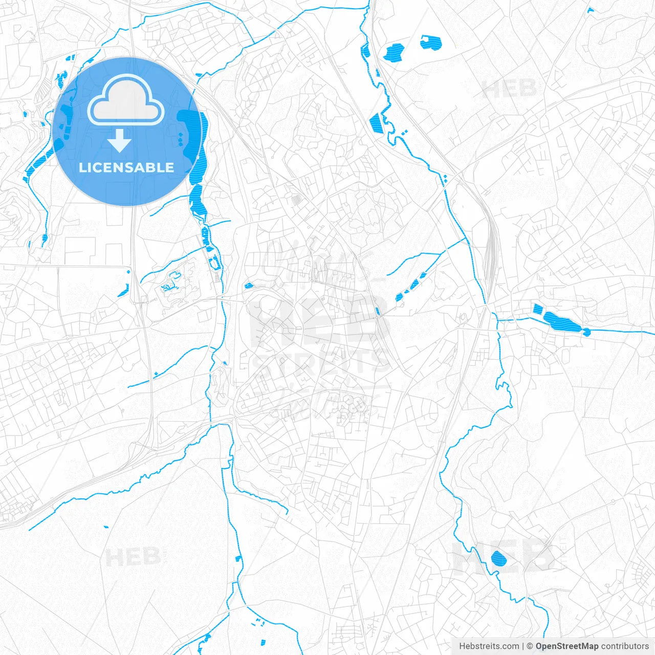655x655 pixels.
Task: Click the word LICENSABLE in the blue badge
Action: [x=126, y=167]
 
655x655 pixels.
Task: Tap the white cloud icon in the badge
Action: [x=126, y=101]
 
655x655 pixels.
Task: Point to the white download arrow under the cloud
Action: [x=120, y=140]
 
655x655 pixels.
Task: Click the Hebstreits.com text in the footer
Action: [x=489, y=646]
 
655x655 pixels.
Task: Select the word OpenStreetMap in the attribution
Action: [x=566, y=646]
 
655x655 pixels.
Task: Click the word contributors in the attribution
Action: [x=625, y=646]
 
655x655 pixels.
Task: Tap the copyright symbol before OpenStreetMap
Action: [x=530, y=646]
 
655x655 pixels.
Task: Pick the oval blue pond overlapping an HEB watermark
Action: [x=498, y=558]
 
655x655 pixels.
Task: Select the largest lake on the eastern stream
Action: [x=561, y=321]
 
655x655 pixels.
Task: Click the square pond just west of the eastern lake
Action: [x=537, y=309]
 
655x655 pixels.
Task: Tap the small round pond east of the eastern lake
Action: [x=587, y=332]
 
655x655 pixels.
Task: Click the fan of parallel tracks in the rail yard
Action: [x=491, y=246]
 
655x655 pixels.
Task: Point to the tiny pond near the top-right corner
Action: [x=590, y=10]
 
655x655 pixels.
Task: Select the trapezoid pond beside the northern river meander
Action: [x=376, y=123]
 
